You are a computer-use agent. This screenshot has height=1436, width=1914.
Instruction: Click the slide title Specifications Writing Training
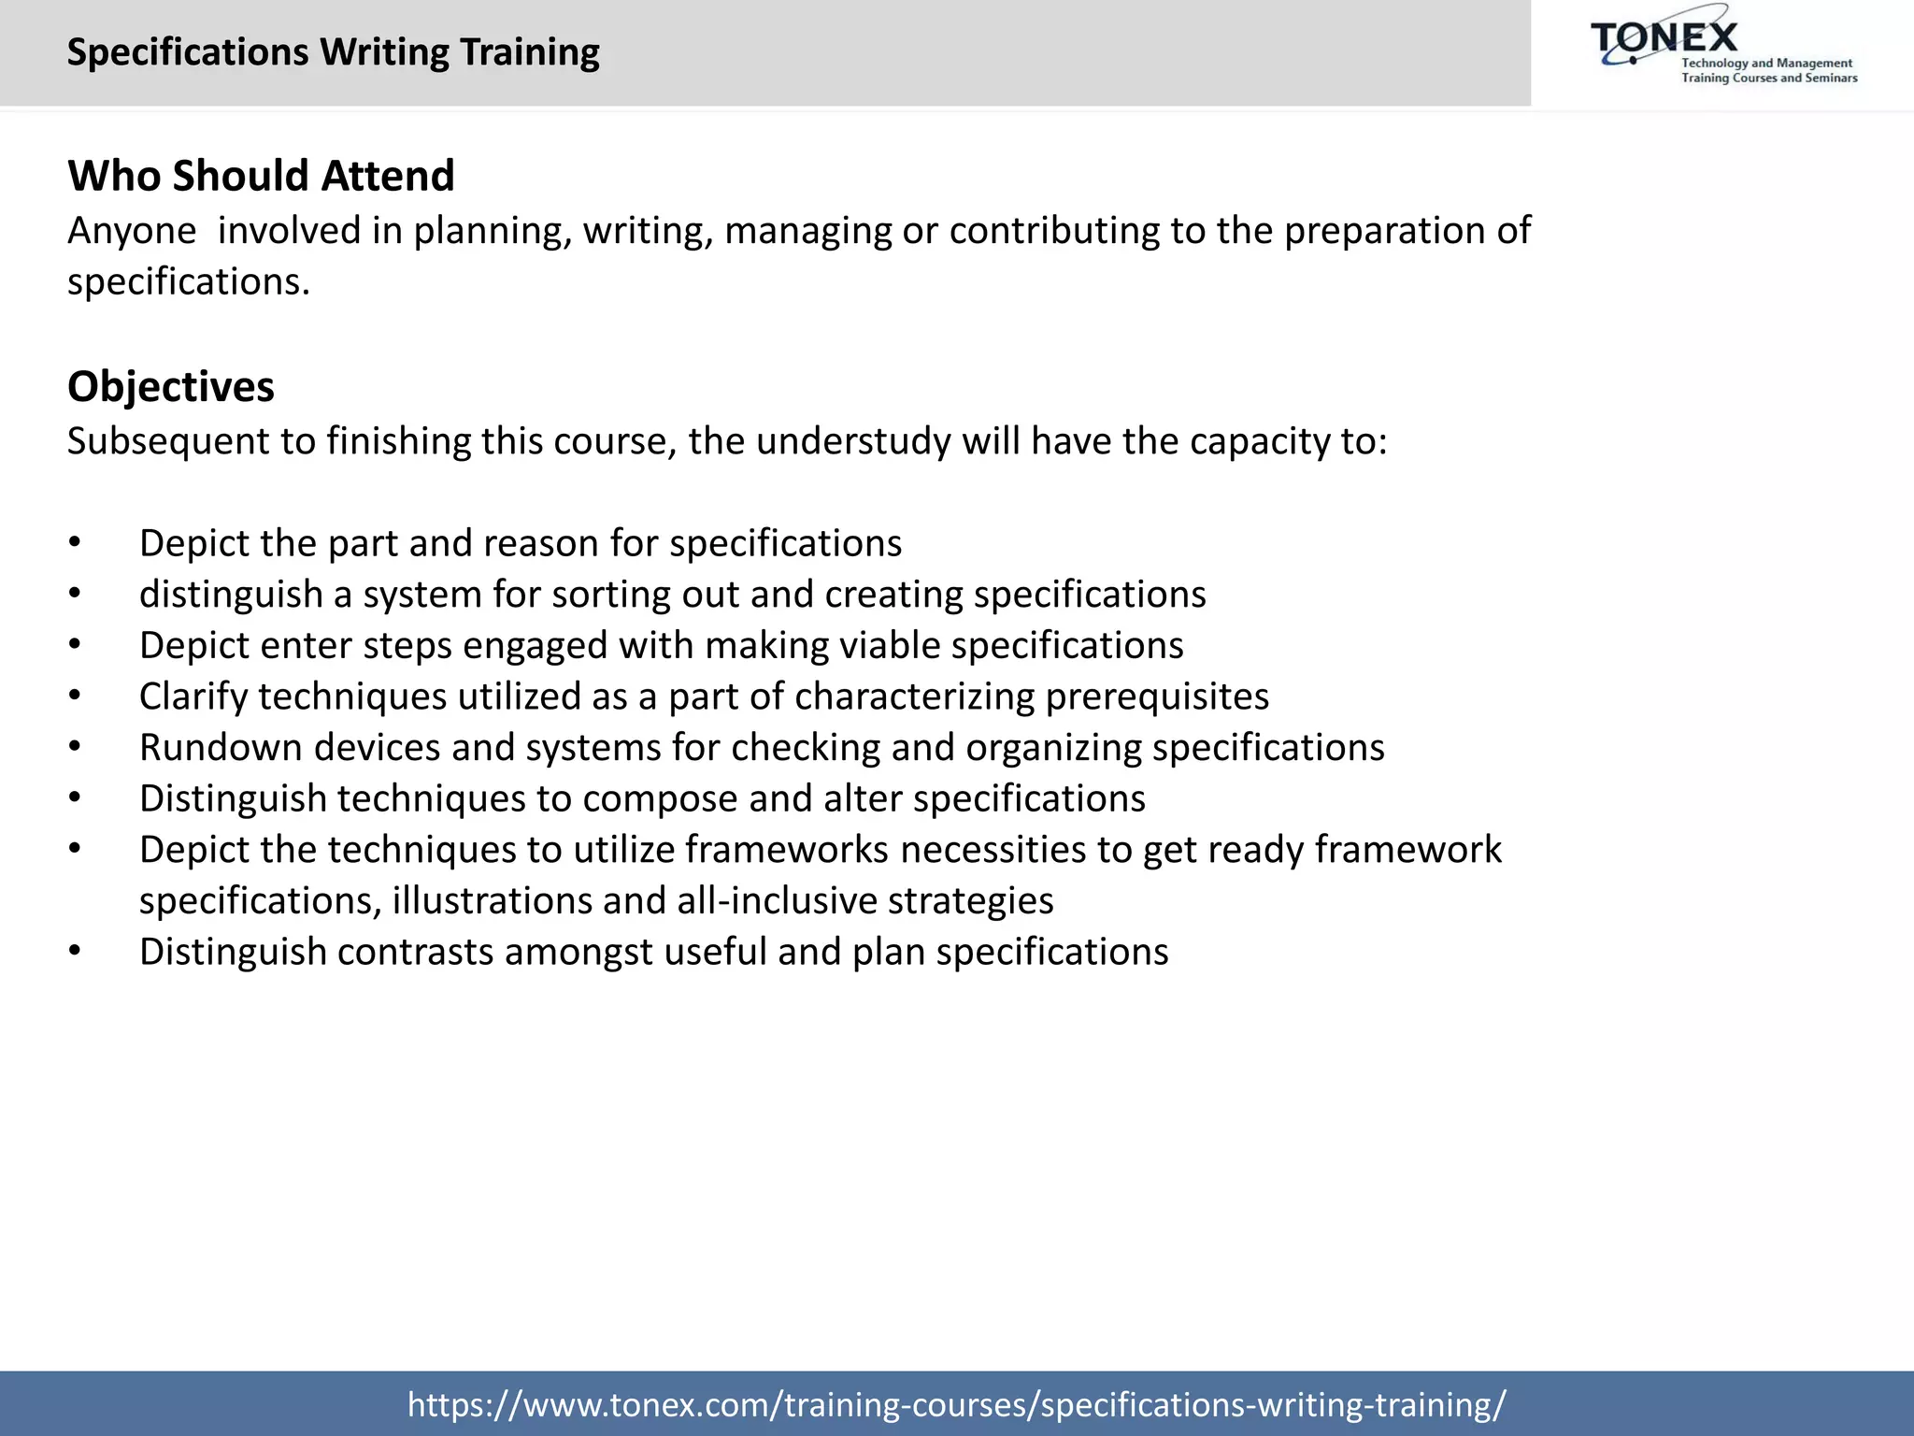pyautogui.click(x=333, y=52)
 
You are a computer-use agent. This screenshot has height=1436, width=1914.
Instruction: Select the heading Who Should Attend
pyautogui.click(x=261, y=176)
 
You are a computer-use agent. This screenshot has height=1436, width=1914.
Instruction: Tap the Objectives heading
pyautogui.click(x=171, y=387)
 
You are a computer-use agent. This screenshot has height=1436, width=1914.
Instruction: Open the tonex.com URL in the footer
pyautogui.click(x=956, y=1403)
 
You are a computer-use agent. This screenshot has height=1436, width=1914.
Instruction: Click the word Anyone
pyautogui.click(x=132, y=231)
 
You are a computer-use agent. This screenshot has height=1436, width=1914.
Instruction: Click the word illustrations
pyautogui.click(x=492, y=901)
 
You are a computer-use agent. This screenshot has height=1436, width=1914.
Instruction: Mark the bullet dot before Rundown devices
pyautogui.click(x=75, y=748)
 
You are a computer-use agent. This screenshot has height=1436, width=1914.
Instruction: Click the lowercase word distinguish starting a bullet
pyautogui.click(x=231, y=596)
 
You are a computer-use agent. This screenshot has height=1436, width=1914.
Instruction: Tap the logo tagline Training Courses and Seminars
pyautogui.click(x=1769, y=79)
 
